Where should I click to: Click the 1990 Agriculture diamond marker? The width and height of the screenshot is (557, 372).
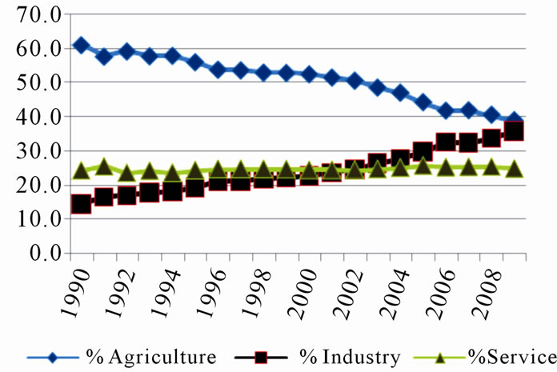[81, 45]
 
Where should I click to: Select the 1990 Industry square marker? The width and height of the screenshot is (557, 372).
[81, 204]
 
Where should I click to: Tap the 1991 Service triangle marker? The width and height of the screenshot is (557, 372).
[103, 167]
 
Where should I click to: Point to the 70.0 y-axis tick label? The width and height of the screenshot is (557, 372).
[33, 14]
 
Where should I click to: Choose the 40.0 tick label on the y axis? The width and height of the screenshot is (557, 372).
[33, 116]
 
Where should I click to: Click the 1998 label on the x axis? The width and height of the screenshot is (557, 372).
[261, 292]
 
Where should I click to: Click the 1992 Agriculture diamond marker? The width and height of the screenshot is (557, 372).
[126, 52]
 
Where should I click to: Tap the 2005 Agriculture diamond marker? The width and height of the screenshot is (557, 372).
[423, 102]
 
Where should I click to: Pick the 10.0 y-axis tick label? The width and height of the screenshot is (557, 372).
[33, 218]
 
